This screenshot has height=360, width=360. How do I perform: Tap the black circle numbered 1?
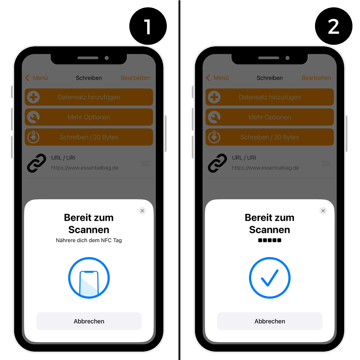(x=148, y=26)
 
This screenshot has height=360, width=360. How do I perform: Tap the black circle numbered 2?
(x=334, y=26)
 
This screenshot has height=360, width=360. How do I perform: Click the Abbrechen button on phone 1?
(x=89, y=321)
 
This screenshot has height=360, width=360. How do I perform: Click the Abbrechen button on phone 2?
(x=270, y=321)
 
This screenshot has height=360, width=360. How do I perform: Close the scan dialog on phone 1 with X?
(x=142, y=211)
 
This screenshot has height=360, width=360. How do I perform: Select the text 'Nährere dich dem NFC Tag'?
(x=89, y=240)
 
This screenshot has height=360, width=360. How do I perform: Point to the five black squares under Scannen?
(x=270, y=240)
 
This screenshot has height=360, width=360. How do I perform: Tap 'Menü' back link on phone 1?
(x=37, y=78)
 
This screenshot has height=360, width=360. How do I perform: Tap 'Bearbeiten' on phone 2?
(x=316, y=78)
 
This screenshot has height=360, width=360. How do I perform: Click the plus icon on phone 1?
(x=33, y=97)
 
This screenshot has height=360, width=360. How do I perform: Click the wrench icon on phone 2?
(x=214, y=117)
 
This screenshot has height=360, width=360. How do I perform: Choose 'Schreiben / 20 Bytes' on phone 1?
(x=89, y=137)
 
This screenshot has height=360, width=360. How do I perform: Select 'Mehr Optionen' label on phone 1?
(x=89, y=117)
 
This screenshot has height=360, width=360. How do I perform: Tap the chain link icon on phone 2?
(x=217, y=163)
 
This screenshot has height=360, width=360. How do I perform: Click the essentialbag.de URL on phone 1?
(x=85, y=168)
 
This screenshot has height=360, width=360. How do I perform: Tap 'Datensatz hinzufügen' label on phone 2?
(x=270, y=97)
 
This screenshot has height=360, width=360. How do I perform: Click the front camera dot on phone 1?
(x=107, y=58)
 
